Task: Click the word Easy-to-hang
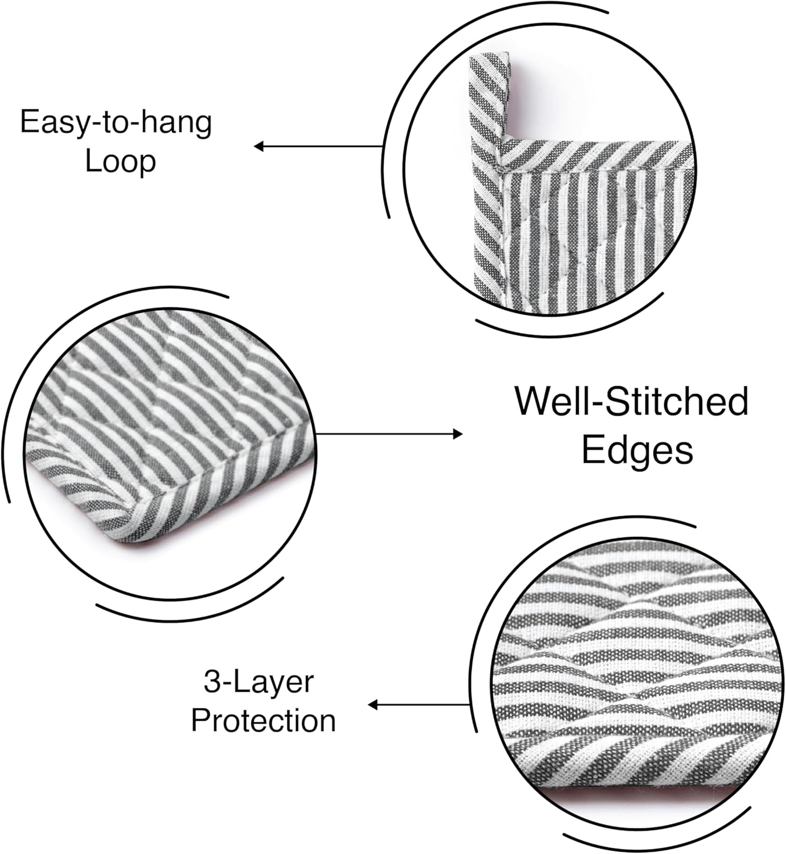click(116, 122)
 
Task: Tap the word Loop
click(120, 161)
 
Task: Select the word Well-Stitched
click(631, 401)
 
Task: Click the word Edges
click(637, 450)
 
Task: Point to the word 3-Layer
click(259, 682)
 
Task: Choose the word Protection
click(263, 721)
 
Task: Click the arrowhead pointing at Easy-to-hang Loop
click(258, 147)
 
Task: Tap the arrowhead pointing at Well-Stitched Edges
click(458, 434)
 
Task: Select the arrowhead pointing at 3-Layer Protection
click(372, 705)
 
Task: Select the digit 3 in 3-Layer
click(211, 682)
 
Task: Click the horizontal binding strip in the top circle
click(598, 154)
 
